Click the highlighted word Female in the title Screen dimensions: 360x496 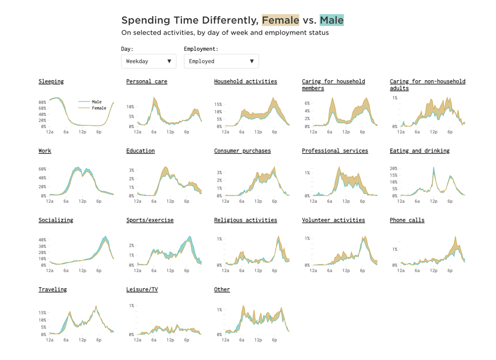(280, 20)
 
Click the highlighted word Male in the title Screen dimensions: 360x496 (331, 20)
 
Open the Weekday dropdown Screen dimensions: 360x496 (148, 61)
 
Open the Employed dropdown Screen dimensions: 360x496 (221, 61)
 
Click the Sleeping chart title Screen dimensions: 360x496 (51, 81)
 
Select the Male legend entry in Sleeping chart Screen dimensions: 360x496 (97, 102)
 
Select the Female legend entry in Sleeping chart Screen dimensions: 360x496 (99, 108)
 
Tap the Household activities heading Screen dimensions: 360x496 (245, 81)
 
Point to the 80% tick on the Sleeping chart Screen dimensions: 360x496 (42, 102)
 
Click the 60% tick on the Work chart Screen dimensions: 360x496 (42, 169)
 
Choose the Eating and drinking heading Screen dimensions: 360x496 (420, 151)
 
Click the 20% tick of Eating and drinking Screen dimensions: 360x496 (393, 169)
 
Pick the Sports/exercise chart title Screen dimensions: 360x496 (150, 220)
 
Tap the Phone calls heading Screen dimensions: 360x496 (407, 220)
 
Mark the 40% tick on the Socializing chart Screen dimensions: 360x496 (42, 240)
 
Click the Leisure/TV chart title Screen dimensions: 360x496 (142, 289)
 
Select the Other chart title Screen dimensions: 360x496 (222, 289)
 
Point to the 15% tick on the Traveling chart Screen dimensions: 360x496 (42, 313)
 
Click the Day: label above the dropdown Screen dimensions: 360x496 (127, 49)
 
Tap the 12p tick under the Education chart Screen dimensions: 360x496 (170, 201)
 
